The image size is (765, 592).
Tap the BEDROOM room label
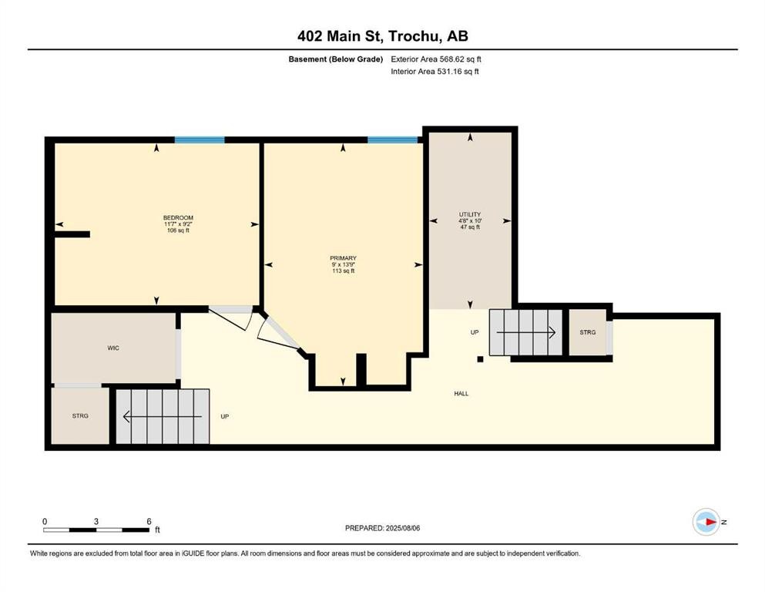pos(177,218)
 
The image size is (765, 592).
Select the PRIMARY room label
pos(344,258)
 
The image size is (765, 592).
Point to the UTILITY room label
pos(470,214)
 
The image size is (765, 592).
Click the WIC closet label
pos(113,348)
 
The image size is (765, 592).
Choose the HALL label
pos(461,393)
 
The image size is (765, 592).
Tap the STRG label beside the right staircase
pos(588,332)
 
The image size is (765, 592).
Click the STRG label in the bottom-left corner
pos(80,415)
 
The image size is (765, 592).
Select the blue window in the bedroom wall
pos(200,140)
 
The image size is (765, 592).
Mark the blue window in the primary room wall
pos(393,140)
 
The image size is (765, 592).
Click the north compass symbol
pos(705,522)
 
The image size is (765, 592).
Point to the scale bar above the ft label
pos(96,530)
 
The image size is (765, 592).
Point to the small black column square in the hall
pos(480,358)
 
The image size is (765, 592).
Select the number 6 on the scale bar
pos(149,521)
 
